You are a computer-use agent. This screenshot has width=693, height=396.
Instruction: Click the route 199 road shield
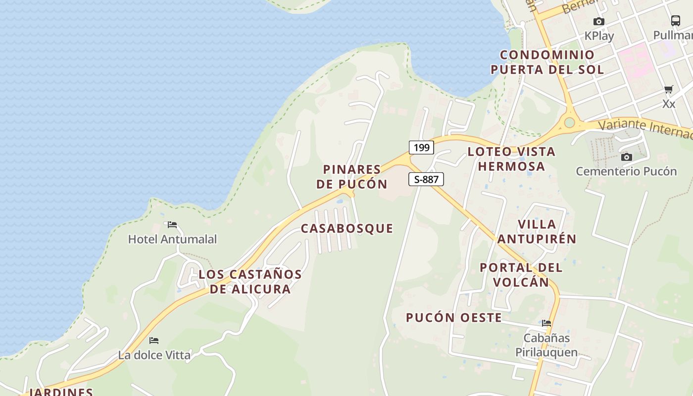coord(421,148)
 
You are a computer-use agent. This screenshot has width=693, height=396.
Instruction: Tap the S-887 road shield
coord(426,179)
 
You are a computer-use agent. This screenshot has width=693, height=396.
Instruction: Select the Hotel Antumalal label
coord(172,240)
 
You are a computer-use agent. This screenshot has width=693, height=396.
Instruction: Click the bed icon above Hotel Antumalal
coord(172,225)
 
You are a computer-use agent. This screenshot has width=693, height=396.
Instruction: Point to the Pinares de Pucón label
coord(352,177)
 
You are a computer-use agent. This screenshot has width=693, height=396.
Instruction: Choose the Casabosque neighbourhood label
coord(347,229)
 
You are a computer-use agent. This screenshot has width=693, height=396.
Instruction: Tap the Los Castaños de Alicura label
coord(250,282)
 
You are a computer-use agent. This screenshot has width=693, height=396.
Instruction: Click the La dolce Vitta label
coord(154,355)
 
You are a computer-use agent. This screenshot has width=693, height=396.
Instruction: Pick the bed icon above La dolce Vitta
coord(154,341)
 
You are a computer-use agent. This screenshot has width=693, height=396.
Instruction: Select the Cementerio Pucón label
coord(626,172)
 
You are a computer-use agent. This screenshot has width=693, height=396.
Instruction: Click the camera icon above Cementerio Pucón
coord(627,157)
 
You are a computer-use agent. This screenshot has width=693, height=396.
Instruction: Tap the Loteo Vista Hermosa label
coord(511,159)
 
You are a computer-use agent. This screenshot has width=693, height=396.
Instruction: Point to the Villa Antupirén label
coord(537,232)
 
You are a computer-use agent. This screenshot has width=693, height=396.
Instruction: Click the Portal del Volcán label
coord(521,275)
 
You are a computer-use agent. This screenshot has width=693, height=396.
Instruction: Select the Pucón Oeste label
coord(454,318)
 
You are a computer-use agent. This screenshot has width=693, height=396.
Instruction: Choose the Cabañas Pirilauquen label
coord(546,345)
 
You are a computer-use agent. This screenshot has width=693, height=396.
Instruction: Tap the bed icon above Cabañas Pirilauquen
coord(546,323)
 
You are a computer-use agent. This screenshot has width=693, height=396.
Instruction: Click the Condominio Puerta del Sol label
coord(547,62)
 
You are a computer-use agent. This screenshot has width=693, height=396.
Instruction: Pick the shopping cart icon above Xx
coord(669,90)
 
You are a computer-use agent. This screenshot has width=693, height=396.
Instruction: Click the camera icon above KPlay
coord(599,22)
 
